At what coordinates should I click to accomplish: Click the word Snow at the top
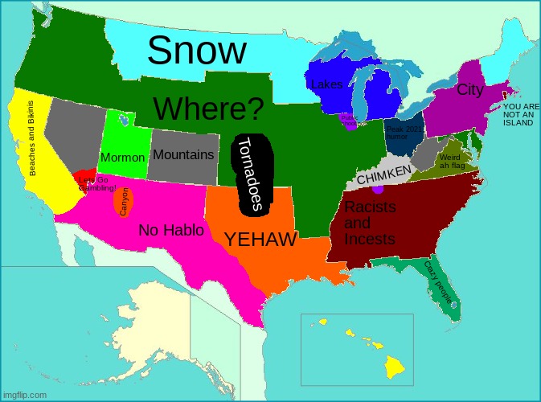click(197, 51)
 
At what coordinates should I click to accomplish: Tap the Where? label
click(208, 109)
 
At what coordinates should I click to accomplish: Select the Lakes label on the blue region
click(326, 84)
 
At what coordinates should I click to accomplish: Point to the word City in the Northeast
click(469, 90)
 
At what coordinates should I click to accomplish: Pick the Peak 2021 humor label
click(403, 133)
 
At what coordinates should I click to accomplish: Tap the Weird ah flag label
click(452, 162)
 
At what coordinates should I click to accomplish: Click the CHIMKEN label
click(383, 174)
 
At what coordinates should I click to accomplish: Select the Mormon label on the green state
click(122, 157)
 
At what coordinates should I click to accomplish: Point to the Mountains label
click(183, 154)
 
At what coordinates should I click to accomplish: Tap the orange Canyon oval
click(125, 202)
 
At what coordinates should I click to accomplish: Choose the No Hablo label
click(170, 231)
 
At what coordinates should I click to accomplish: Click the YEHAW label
click(261, 239)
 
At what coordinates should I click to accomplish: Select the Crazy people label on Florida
click(439, 281)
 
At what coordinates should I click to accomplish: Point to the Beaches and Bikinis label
click(32, 139)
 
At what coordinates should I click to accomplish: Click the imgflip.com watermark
click(26, 395)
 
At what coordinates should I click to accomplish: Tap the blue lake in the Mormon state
click(122, 120)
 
